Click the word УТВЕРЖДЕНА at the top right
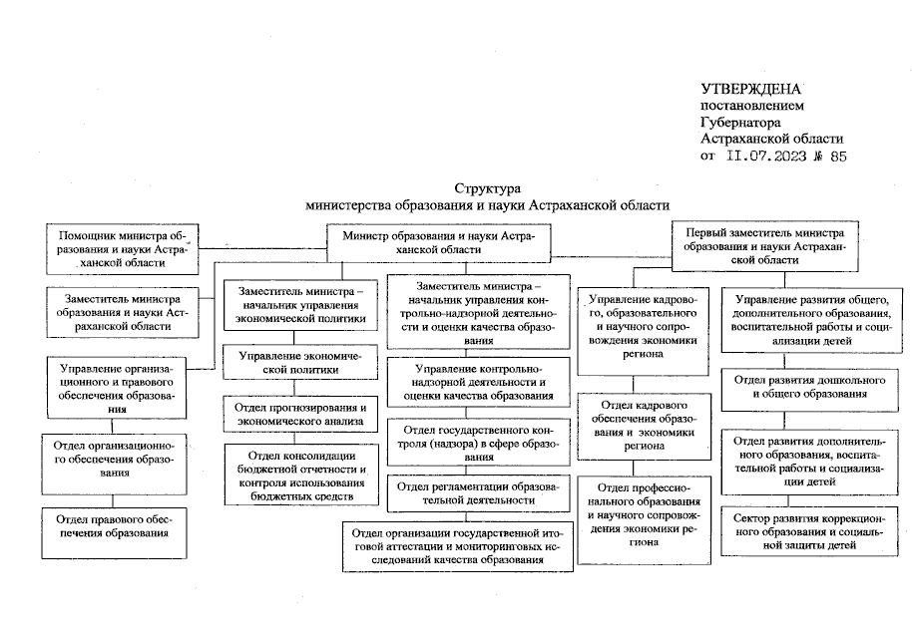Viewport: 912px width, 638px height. [x=750, y=89]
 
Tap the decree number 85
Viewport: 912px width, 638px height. [x=836, y=157]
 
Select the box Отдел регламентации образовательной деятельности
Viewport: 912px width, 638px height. [x=482, y=494]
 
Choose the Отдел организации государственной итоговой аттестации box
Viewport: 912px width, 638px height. [x=460, y=545]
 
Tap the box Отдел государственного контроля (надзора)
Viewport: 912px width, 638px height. [x=482, y=442]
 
